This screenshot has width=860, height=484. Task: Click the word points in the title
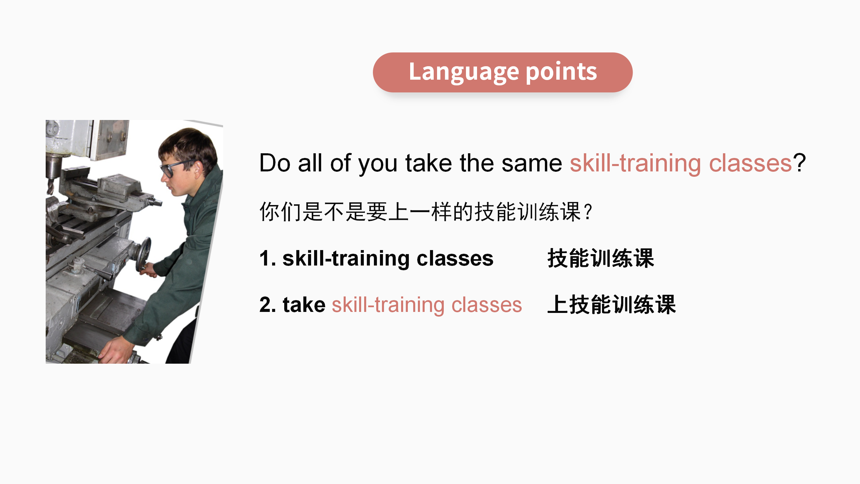[x=561, y=72]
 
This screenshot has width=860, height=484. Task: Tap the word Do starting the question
[x=275, y=163]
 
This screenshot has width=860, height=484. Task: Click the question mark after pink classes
[x=799, y=163]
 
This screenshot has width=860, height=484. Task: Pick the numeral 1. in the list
[x=268, y=258]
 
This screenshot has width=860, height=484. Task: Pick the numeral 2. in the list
[x=268, y=305]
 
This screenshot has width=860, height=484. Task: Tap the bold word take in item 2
[x=304, y=305]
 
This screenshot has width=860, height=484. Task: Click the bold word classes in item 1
[x=455, y=259]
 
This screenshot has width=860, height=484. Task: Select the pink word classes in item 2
[x=486, y=305]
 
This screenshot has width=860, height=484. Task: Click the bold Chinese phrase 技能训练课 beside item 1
[x=601, y=258]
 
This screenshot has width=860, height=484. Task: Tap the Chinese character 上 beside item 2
[x=558, y=305]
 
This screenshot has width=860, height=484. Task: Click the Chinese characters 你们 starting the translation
[x=281, y=212]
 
